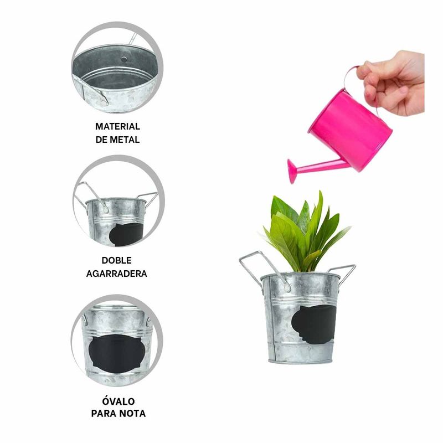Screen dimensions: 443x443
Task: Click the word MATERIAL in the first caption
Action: click(x=117, y=126)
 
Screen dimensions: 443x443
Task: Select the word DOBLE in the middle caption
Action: click(x=117, y=260)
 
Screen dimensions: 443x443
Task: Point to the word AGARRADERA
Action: click(x=117, y=273)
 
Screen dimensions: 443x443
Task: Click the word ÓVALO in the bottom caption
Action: click(x=118, y=400)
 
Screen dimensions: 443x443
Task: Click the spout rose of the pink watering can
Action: click(x=292, y=171)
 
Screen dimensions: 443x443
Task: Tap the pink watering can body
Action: click(x=354, y=130)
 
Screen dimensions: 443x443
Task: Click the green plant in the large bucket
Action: click(x=307, y=233)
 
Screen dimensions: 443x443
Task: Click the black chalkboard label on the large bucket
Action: click(x=312, y=324)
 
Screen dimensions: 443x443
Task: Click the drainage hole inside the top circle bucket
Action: click(x=124, y=58)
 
